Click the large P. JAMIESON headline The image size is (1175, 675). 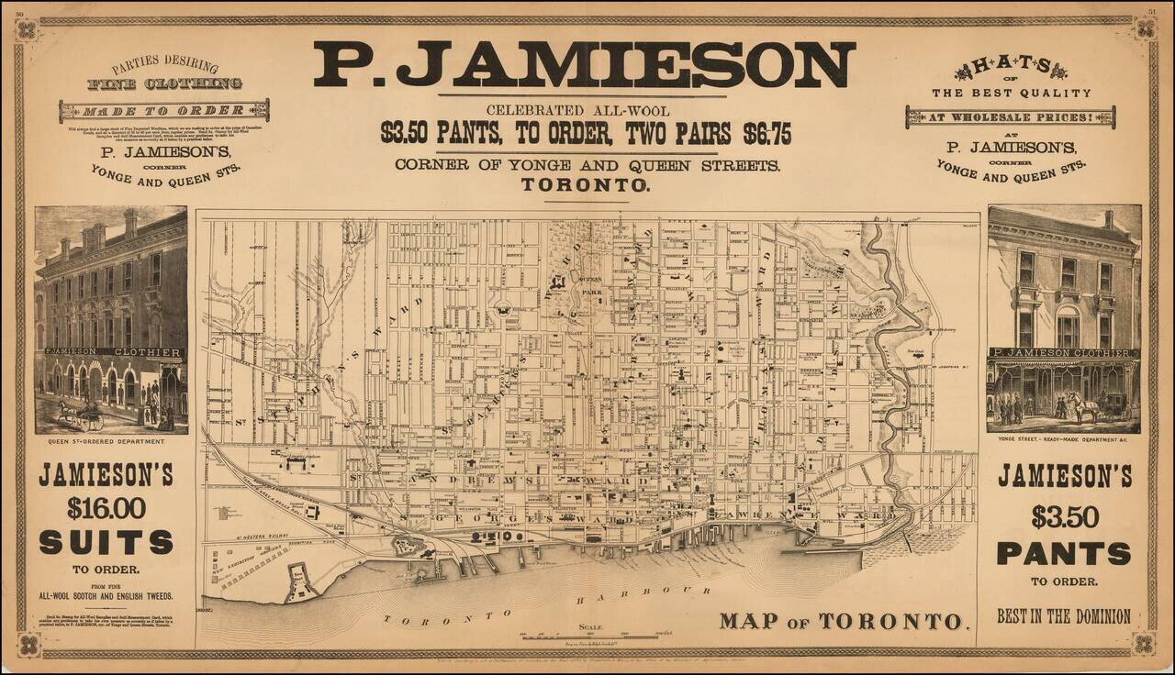pos(584,64)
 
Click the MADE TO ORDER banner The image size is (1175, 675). pos(164,111)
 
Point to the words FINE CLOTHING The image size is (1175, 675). pos(165,84)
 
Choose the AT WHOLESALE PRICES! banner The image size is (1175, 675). pos(1010,116)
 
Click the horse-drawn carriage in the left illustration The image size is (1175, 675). pos(83,415)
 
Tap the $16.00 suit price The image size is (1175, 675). pos(106,507)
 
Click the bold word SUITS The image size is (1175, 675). pos(106,542)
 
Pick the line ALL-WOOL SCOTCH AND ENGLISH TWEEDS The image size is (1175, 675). pos(106,595)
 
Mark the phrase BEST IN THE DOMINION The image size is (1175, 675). pos(1064,616)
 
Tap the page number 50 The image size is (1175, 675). pos(20,12)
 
